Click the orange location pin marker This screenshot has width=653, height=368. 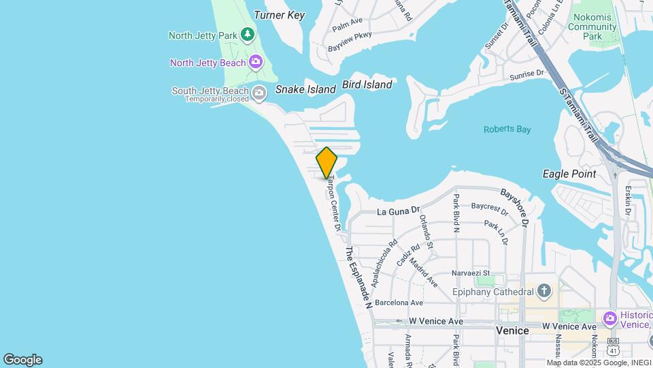coord(326,162)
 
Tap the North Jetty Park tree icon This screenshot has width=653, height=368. coord(248,33)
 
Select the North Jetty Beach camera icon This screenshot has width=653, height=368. coord(256,63)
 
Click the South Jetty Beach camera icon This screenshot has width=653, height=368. coord(259,92)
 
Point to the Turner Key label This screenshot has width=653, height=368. coord(279,15)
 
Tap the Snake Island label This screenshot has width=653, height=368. coord(305,89)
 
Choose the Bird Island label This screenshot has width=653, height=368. coord(367,85)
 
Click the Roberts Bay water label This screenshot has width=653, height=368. coord(507,129)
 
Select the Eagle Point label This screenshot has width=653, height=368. coord(569,174)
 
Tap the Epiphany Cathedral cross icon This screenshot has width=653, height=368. coord(543,292)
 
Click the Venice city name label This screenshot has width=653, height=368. coord(513,331)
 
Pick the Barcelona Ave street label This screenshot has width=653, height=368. coord(399,303)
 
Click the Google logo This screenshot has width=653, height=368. coord(22,359)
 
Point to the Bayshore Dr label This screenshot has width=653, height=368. coord(516,208)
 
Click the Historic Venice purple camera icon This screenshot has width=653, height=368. coord(609,318)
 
